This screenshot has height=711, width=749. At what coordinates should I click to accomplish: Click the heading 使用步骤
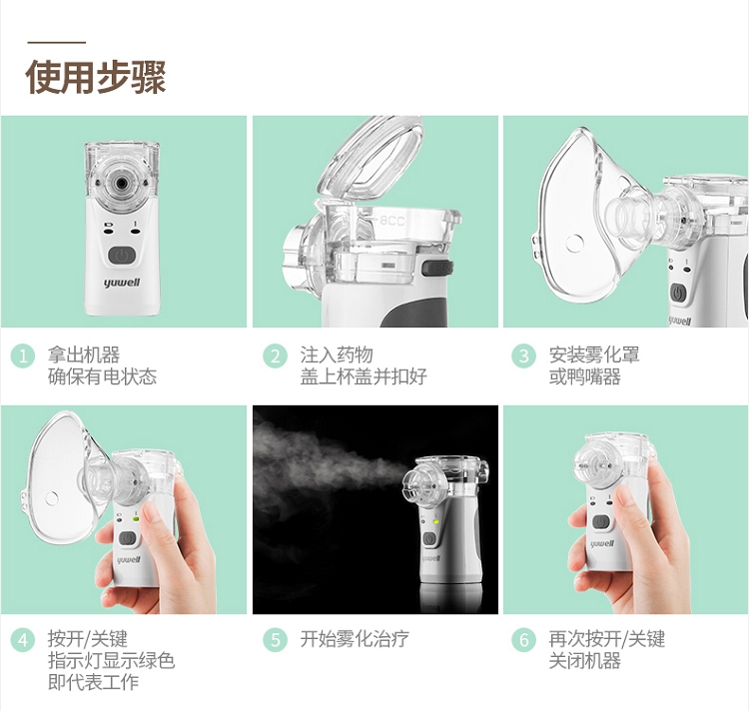click(x=96, y=77)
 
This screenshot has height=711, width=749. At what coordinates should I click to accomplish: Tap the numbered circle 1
click(x=23, y=356)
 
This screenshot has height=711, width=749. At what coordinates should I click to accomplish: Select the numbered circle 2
click(x=276, y=356)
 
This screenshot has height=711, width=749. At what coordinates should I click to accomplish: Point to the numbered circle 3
click(x=523, y=356)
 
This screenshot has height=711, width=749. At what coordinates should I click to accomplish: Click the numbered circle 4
click(x=23, y=640)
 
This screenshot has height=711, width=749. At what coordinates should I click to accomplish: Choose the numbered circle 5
click(x=276, y=640)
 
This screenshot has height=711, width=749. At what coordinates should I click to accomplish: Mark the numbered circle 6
click(x=523, y=640)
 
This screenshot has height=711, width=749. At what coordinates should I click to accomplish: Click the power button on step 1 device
click(x=122, y=256)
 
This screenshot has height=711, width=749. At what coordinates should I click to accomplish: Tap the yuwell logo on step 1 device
click(x=122, y=283)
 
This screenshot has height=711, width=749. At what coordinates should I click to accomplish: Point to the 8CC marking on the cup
click(x=392, y=221)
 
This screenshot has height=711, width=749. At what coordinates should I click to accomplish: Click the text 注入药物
click(x=337, y=355)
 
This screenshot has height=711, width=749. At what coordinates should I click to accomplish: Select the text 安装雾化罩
click(x=594, y=355)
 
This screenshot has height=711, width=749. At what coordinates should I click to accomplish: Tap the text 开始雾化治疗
click(x=355, y=639)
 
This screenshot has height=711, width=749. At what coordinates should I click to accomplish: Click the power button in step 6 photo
click(x=601, y=522)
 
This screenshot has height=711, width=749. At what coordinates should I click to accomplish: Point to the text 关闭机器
click(x=584, y=661)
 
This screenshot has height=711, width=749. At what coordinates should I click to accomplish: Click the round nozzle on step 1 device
click(x=122, y=183)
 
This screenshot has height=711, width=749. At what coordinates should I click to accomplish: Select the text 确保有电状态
click(x=102, y=376)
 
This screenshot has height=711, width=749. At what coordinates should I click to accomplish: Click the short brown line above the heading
click(x=56, y=43)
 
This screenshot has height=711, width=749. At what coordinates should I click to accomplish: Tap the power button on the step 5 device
click(x=429, y=539)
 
